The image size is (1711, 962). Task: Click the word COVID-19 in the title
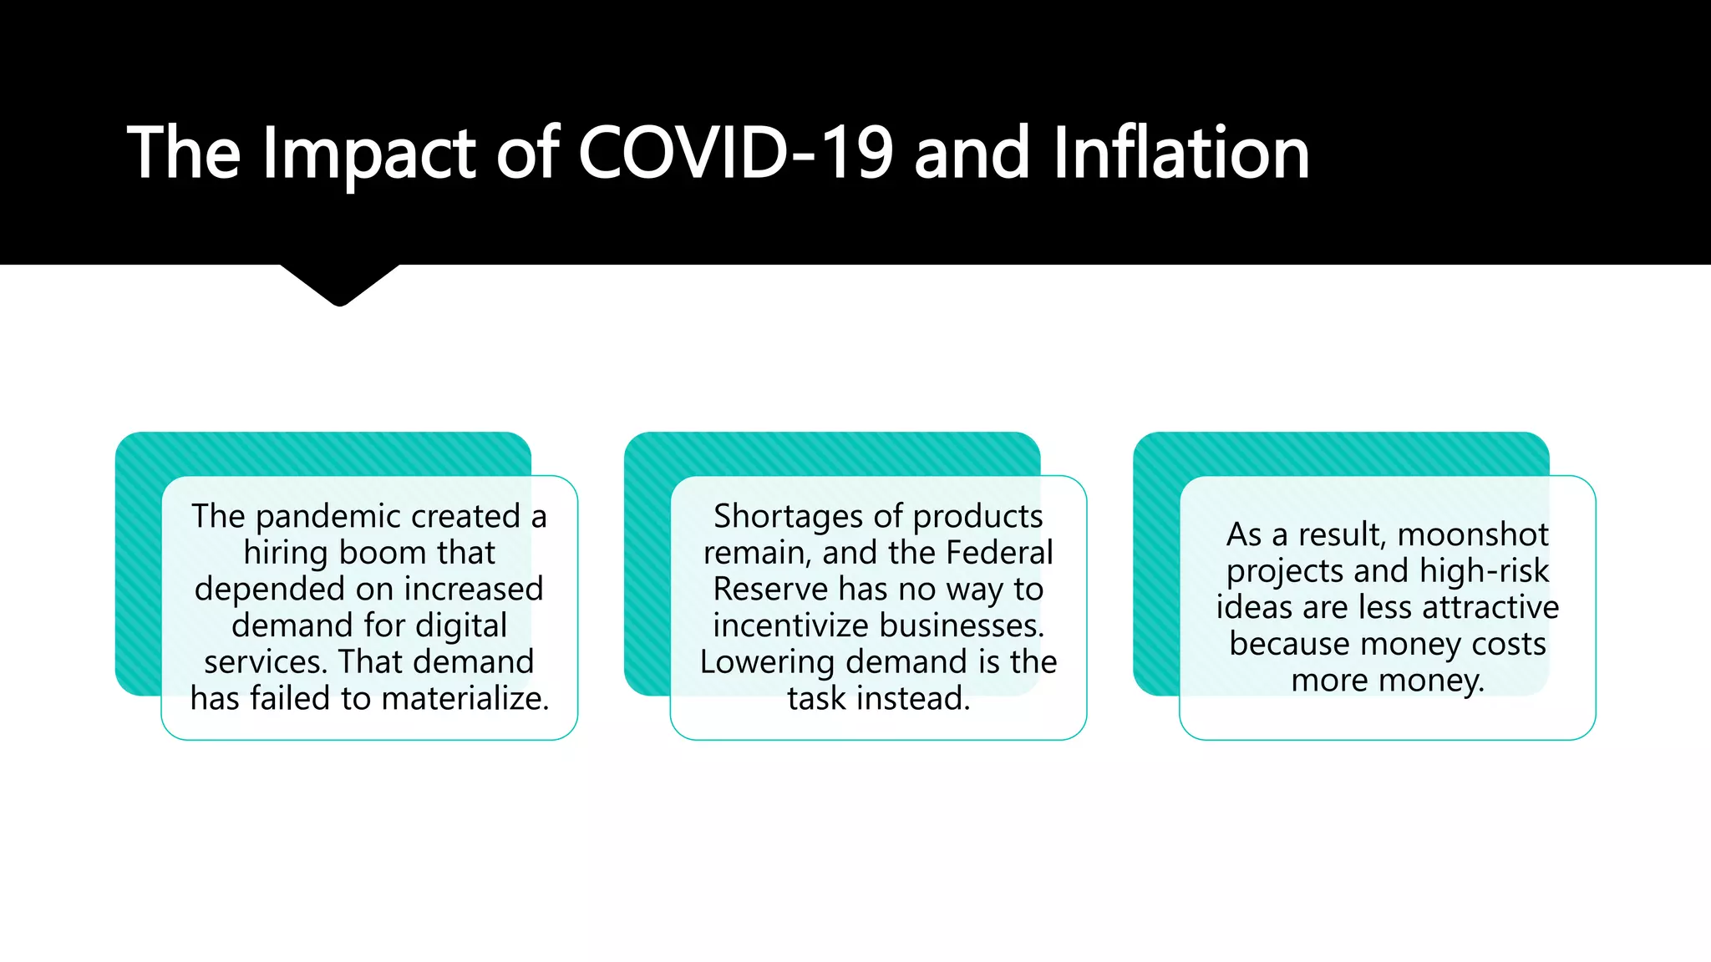pos(735,153)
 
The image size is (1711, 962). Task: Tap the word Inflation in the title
pos(1180,153)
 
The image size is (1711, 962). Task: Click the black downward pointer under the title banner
pos(340,284)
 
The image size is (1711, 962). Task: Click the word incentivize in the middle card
pos(789,625)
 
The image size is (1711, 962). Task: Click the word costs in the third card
pos(1508,644)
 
